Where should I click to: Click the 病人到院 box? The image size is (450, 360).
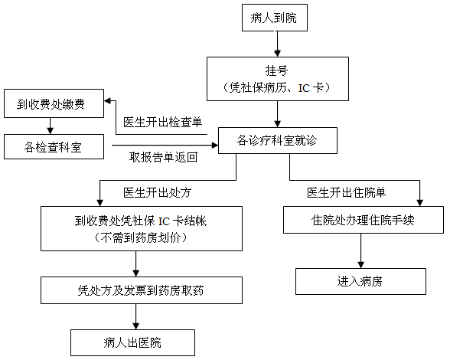275,18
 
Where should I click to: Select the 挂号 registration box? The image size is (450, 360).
278,79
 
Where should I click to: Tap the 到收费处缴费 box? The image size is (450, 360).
54,103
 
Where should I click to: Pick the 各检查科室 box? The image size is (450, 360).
54,146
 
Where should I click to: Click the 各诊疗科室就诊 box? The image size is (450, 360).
278,140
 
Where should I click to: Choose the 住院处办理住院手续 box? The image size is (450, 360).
364,220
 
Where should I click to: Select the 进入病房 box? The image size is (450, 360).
360,282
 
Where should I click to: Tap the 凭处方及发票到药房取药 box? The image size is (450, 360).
142,290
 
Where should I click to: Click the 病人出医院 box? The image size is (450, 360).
132,342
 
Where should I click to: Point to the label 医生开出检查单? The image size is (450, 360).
163,122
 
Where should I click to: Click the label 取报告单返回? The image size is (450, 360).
163,157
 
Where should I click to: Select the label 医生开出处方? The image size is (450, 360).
158,192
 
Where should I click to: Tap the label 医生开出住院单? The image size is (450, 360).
347,192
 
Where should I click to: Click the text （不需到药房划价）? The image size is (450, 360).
141,237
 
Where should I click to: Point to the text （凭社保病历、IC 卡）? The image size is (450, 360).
276,87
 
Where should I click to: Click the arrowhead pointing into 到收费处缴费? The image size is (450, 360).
108,101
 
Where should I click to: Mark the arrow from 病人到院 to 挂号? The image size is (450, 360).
277,44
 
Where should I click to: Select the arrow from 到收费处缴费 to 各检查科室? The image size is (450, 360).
51,126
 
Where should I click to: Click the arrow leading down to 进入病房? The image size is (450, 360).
360,250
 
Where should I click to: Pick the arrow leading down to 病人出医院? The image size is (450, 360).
135,316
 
